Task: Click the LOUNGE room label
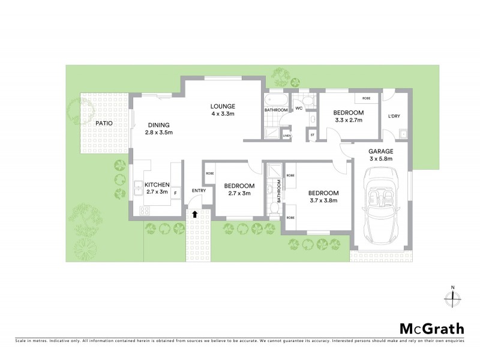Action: coord(222,106)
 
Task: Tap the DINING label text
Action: coord(158,124)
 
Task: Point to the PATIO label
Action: coord(106,124)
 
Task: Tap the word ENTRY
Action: coord(199,191)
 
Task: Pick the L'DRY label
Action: coord(394,116)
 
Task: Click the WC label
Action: coord(298,109)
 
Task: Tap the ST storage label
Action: coord(312,135)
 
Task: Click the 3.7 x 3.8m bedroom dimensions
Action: coord(323,200)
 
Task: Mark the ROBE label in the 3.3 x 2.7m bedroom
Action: coord(366,98)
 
